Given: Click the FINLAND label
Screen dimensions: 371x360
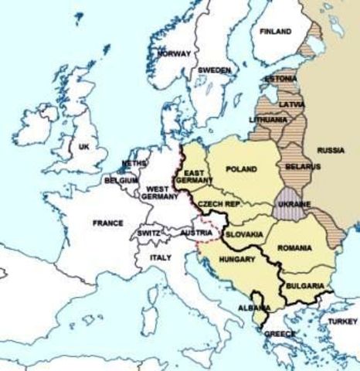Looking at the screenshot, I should point(276,32).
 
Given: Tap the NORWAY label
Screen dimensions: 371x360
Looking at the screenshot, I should point(174,54).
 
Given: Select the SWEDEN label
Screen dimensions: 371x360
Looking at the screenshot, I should point(214,70).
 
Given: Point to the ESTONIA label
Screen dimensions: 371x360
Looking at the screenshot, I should point(279,79).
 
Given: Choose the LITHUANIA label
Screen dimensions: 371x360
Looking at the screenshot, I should point(268,121).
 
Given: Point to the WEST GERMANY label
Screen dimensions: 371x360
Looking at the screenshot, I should point(159,192).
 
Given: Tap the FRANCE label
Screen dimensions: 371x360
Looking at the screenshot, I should point(107,223).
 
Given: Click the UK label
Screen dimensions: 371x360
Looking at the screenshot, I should point(83,146).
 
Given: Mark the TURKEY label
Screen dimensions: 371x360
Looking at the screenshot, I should point(342,321).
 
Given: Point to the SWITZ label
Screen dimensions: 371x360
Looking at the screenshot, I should point(148,233).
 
